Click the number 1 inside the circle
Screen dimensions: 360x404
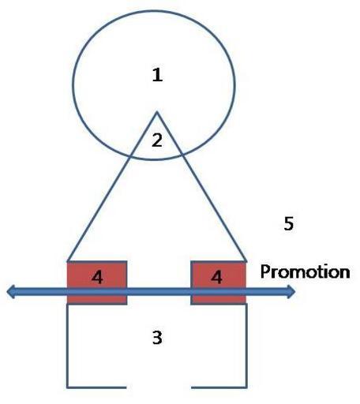pos(157,75)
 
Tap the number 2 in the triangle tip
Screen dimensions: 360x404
pos(157,140)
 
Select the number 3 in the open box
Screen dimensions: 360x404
pos(157,338)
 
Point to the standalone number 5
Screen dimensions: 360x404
pos(288,223)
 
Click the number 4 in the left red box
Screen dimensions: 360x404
pos(97,277)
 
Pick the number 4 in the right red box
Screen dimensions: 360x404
pos(216,277)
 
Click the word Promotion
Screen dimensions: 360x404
pos(305,272)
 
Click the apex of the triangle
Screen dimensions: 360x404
pos(157,112)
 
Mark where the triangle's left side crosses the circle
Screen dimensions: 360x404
pos(129,157)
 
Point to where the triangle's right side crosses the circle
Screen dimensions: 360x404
pos(183,155)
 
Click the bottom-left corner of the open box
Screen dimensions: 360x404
pos(67,387)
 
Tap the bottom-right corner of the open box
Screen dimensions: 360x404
pos(246,387)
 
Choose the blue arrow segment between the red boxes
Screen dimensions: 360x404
pos(159,292)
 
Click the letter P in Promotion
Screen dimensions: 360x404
pos(265,271)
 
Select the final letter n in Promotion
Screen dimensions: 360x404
pos(344,273)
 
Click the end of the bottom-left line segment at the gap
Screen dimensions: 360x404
pos(126,387)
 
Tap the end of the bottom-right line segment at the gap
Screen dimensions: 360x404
pos(192,387)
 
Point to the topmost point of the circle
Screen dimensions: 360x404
pos(154,11)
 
